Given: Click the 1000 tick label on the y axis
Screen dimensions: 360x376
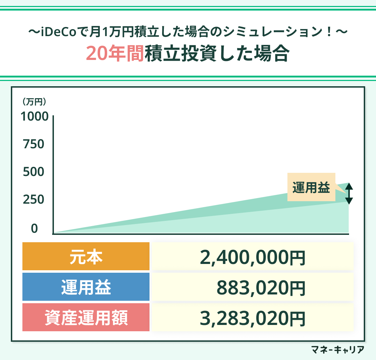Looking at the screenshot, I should click(x=34, y=116).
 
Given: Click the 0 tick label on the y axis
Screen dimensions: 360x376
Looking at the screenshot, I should click(x=34, y=229).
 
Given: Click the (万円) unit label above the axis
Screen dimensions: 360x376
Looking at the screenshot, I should click(x=34, y=102).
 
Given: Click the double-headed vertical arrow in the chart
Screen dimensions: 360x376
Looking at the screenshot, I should click(x=349, y=193).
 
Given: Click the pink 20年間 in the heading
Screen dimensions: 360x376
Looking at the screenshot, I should click(x=114, y=54).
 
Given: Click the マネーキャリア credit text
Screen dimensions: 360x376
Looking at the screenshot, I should click(x=337, y=349).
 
